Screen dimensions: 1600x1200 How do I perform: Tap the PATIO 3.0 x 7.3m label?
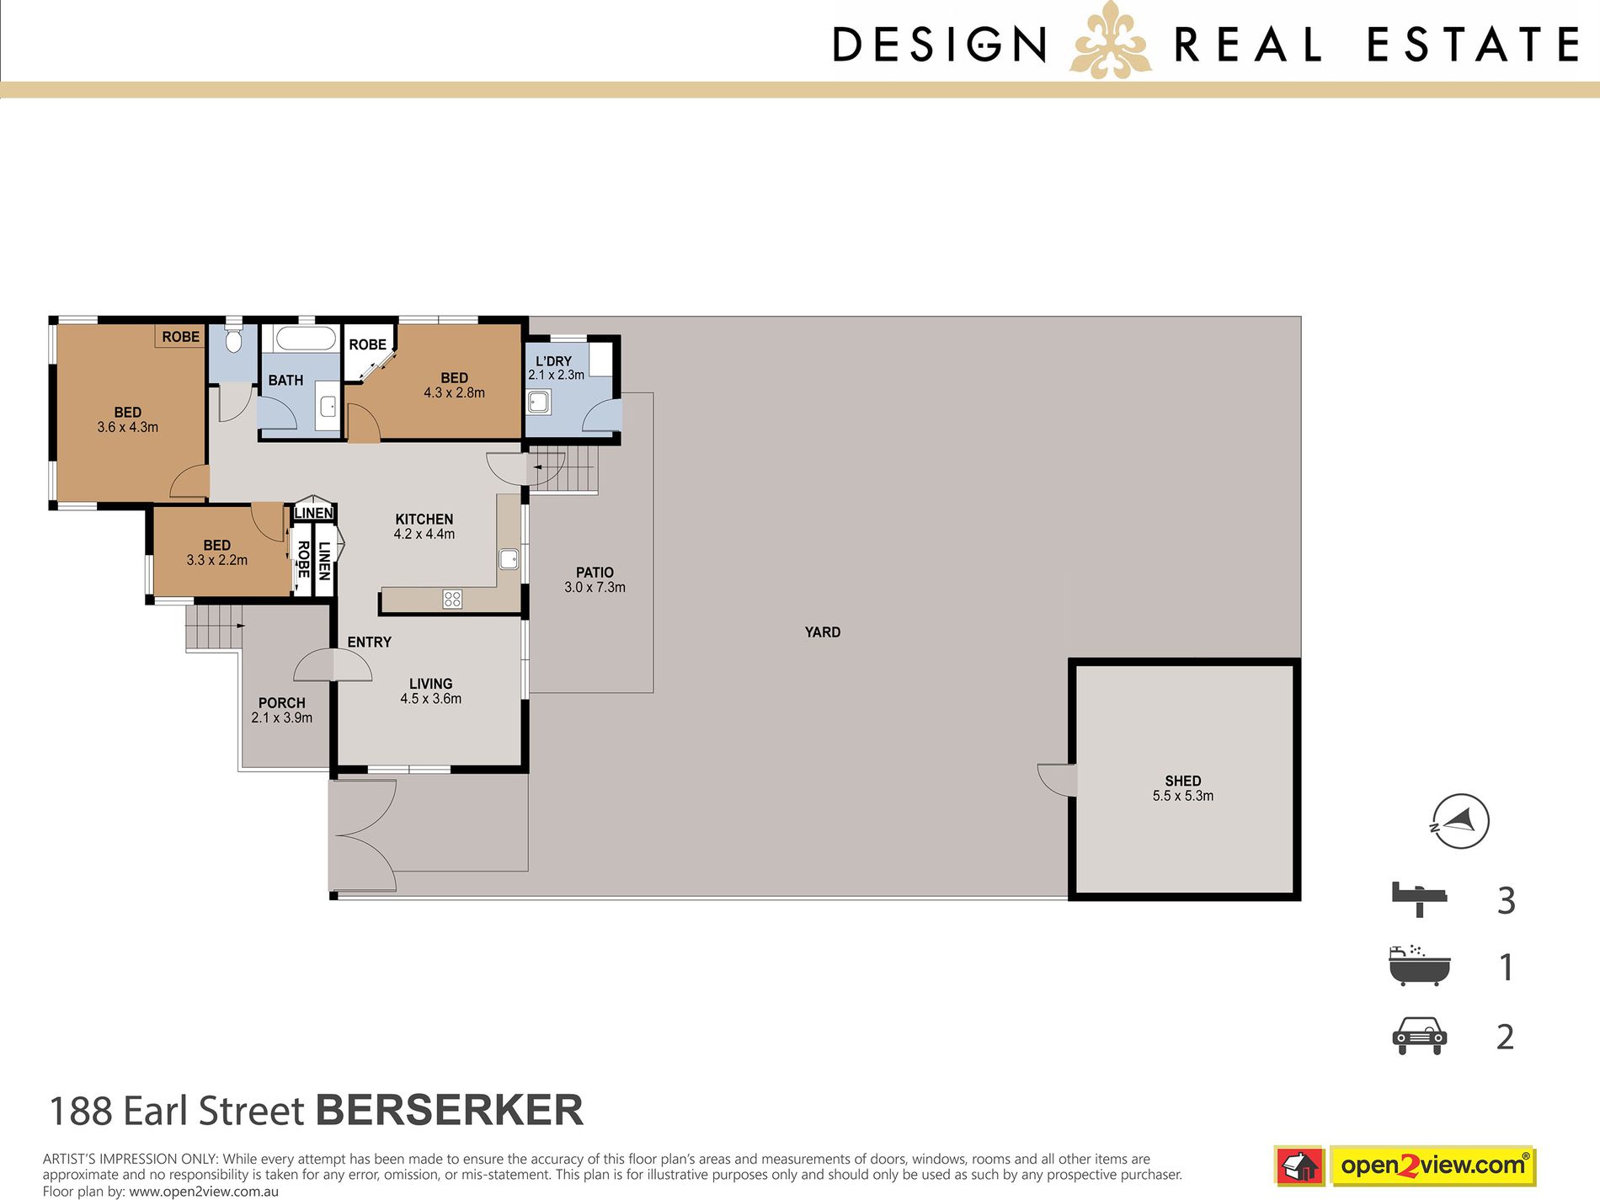coord(595,580)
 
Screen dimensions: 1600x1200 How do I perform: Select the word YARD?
coord(823,632)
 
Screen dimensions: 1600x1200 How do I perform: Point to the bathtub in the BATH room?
coord(307,339)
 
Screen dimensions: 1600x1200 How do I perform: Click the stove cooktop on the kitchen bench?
coord(452,599)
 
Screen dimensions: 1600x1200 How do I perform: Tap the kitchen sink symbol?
coord(508,559)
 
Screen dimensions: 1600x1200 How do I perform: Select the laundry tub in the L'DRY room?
coord(539,401)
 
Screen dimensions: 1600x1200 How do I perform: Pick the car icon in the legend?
coord(1420,1036)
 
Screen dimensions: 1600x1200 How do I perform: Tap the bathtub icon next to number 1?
coord(1420,965)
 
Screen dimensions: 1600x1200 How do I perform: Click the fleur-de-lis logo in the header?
coord(1110,42)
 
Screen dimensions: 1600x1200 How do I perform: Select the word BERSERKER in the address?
coord(450,1110)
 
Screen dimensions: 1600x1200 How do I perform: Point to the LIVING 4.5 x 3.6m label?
coord(430,691)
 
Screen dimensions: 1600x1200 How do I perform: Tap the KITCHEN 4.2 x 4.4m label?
coord(424,526)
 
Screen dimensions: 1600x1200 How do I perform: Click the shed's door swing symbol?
coord(1057,779)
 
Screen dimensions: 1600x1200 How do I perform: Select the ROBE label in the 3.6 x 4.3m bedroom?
coord(181,337)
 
